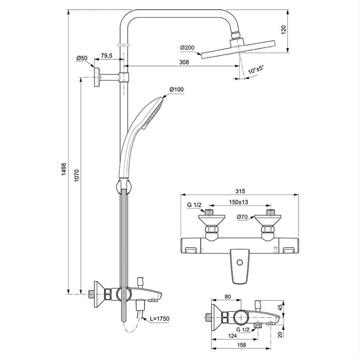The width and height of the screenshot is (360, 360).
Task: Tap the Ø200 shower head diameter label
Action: pos(187,48)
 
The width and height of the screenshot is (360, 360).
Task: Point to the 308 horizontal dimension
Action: pos(184,62)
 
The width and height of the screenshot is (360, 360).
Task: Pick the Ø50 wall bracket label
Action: pos(82,58)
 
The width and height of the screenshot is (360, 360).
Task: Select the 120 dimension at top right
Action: pos(283,30)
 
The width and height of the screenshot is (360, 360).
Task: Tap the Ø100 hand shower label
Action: pos(177,90)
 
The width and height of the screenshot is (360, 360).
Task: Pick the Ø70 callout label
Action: pos(242,217)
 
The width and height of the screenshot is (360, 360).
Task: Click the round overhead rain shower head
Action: pos(239,49)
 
